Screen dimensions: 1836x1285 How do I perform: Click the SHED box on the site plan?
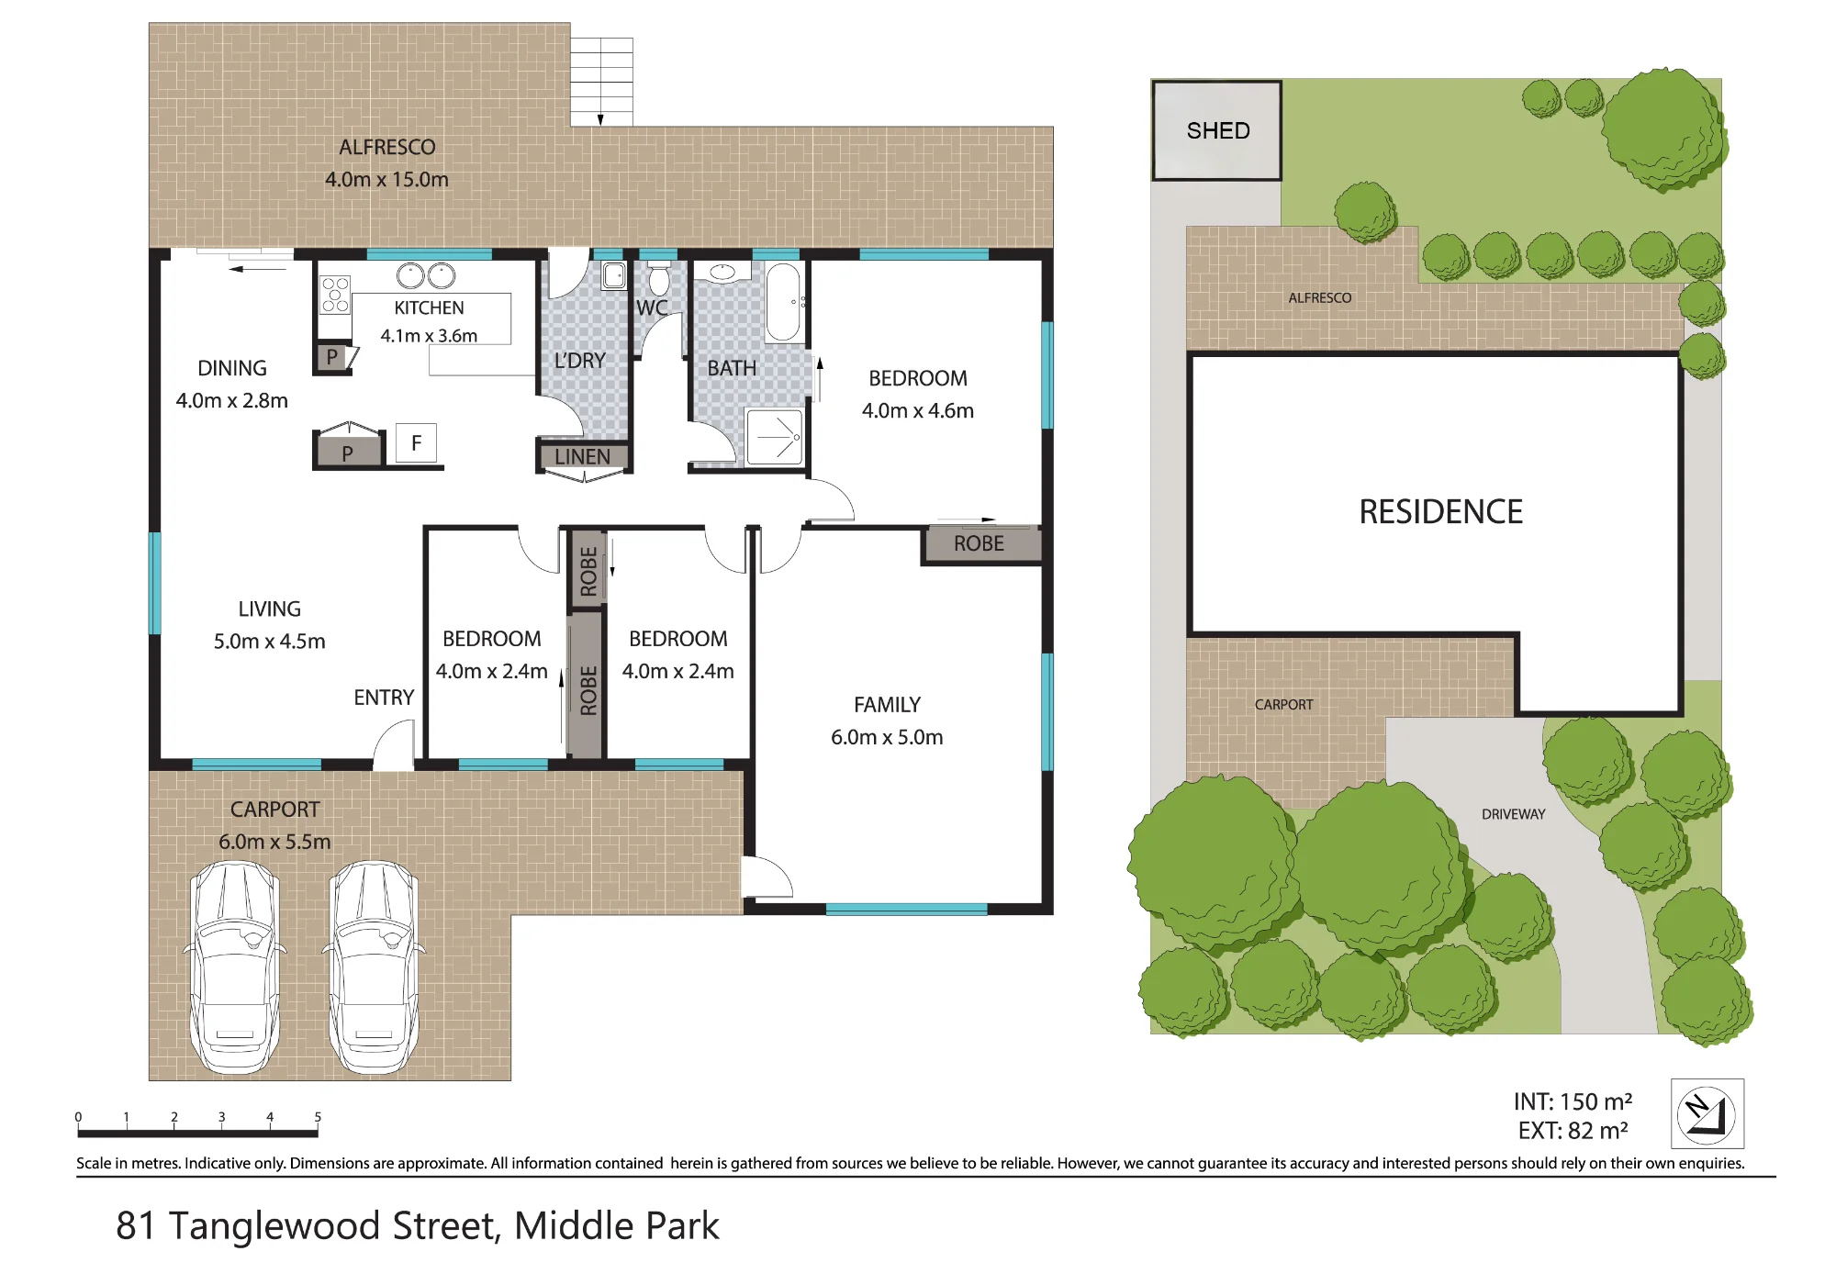1216,130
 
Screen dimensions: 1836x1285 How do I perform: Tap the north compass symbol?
1707,1114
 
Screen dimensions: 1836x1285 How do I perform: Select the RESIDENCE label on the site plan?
1440,511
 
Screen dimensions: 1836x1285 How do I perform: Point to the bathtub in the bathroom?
783,302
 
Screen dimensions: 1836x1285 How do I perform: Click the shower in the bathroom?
775,437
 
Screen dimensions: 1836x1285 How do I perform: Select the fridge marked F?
416,443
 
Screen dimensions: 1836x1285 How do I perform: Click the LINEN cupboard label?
582,456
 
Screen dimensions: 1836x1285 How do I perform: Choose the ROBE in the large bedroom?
980,543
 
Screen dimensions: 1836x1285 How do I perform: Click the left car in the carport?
235,967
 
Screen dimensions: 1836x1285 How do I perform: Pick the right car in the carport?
374,967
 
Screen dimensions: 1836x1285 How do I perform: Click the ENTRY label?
384,698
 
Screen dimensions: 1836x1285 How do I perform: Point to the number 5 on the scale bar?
318,1117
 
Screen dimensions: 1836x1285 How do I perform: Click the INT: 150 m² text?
1573,1101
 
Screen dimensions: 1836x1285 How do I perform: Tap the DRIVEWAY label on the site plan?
1513,814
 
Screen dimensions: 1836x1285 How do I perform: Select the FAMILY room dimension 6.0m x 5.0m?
887,737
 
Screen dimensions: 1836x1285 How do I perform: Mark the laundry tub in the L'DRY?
614,275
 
